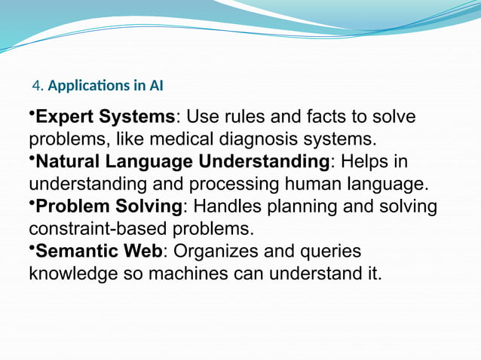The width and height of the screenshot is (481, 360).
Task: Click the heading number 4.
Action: (x=38, y=86)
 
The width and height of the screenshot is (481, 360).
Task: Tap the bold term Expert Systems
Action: (x=106, y=118)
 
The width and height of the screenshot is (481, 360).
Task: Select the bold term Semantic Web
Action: (x=99, y=252)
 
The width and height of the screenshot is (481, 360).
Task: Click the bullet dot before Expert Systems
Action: (x=32, y=114)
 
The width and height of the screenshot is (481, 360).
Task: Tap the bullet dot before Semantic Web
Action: (x=32, y=247)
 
